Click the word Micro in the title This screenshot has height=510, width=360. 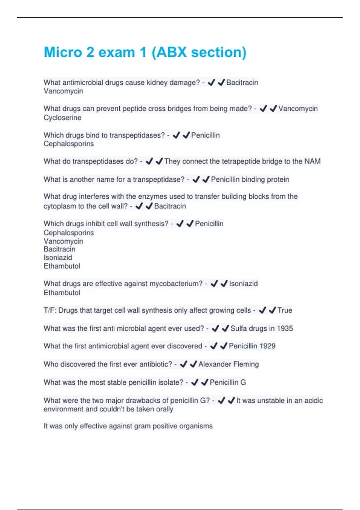(63, 52)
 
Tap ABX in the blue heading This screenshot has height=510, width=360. (172, 52)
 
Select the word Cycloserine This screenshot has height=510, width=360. (62, 118)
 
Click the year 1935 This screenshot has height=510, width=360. (285, 328)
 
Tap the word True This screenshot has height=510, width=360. (285, 310)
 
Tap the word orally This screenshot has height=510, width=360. (164, 409)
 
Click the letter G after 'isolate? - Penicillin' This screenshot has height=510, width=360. (243, 382)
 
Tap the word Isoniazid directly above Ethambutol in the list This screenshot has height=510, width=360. (58, 258)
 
